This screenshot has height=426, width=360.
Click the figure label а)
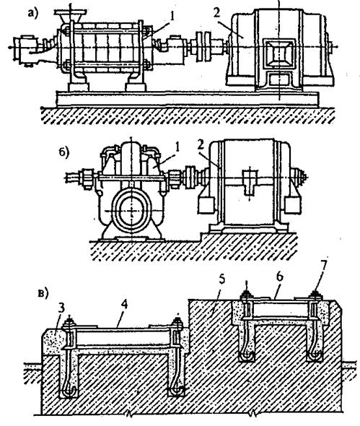point(33,12)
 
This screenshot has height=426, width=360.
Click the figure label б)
point(64,153)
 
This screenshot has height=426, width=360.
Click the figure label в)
point(43,295)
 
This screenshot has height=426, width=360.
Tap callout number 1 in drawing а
point(171,16)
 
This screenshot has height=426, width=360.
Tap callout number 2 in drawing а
point(216,13)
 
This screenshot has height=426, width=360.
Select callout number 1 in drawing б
point(177,147)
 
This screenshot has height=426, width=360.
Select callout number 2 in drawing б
point(201,145)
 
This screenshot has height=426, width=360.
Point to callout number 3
point(61,308)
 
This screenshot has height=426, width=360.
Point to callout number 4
point(124,305)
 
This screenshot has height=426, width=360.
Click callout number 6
point(280,277)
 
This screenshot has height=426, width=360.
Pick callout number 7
point(322,263)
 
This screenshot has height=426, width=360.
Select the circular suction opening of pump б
point(131,211)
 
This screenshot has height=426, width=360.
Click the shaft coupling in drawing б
point(190,178)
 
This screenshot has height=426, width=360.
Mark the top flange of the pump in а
point(70,12)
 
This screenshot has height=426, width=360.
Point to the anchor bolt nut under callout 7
point(315,295)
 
